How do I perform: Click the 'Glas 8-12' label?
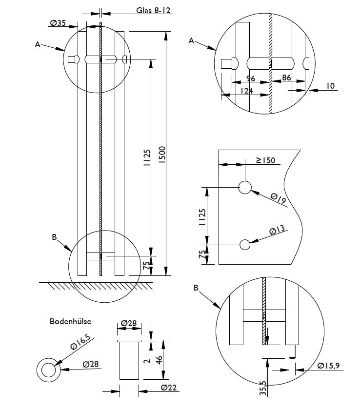[x=153, y=10]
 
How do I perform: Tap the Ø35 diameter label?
[x=58, y=22]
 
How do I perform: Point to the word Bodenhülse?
[x=70, y=322]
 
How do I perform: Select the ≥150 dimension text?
[x=266, y=160]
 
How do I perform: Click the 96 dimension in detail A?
[x=251, y=78]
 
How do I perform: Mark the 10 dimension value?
[x=330, y=86]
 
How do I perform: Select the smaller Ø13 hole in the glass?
[x=245, y=245]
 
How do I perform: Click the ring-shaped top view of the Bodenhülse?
[x=48, y=370]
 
